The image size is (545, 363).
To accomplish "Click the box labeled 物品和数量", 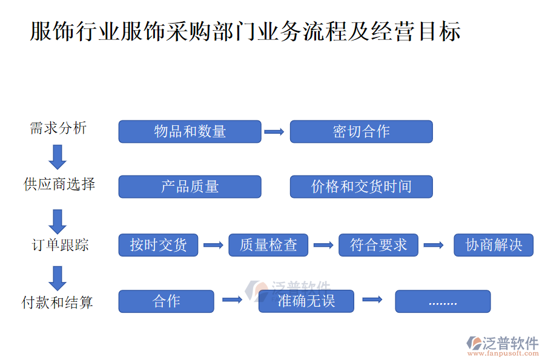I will click(190, 131).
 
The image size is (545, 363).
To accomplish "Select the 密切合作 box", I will click(361, 131).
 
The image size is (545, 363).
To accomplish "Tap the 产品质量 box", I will click(190, 186).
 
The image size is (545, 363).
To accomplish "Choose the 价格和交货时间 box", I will click(361, 186).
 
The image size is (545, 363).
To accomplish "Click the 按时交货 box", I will click(158, 245).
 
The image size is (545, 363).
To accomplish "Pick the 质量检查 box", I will click(268, 245).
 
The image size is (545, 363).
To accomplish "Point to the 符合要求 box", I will click(378, 245).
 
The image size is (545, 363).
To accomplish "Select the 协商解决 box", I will click(494, 245).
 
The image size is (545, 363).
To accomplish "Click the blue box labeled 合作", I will click(166, 301).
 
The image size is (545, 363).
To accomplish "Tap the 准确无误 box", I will click(306, 301).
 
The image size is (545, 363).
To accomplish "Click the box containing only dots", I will click(443, 301).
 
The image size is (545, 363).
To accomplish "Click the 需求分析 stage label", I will click(58, 128).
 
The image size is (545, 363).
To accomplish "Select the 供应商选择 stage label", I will click(59, 184).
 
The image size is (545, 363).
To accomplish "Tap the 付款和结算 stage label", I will click(58, 302).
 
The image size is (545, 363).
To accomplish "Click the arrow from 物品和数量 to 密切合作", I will click(274, 131).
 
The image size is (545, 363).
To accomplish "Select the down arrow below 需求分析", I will click(58, 157).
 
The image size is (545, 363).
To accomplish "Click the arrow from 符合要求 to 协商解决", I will click(434, 245).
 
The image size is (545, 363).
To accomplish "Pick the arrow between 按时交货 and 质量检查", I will click(213, 245).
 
